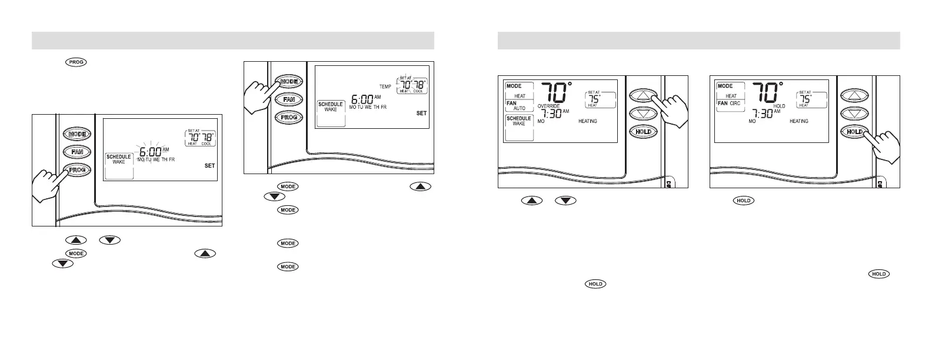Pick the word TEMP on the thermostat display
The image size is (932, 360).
coord(385,86)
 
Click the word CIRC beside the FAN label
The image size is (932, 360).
coord(735,103)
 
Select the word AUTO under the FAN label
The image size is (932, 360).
coord(520,108)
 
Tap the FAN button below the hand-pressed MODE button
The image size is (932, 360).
coord(289,99)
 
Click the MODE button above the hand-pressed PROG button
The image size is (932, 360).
coord(76,134)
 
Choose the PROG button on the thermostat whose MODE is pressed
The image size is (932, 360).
coord(289,118)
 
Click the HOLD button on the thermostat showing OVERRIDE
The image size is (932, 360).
coord(643,132)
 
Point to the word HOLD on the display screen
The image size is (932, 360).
coord(779,106)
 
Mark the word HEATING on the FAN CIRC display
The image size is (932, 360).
coord(798,121)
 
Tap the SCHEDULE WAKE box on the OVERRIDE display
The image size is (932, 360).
coord(519,121)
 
